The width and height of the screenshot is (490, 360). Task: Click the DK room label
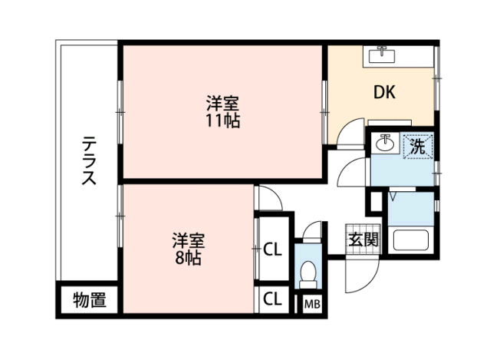click(x=385, y=92)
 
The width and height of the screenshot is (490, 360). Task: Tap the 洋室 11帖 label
click(x=222, y=111)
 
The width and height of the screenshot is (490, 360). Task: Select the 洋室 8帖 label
click(x=188, y=249)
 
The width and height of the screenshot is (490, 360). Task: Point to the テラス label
click(x=89, y=160)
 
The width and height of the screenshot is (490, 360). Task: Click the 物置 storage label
click(x=90, y=299)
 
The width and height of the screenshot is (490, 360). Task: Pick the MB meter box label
click(x=312, y=304)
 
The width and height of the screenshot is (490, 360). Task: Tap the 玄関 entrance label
click(x=363, y=239)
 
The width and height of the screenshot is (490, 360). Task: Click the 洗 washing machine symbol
click(x=418, y=146)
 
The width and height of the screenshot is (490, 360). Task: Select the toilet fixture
click(x=308, y=275)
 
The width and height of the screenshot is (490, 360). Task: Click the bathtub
click(x=410, y=240)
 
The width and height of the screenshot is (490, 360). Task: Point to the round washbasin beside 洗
click(x=385, y=143)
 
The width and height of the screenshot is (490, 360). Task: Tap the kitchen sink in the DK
click(x=382, y=56)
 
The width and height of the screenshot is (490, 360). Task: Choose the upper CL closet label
click(x=272, y=249)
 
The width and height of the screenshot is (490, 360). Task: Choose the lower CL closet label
click(x=272, y=299)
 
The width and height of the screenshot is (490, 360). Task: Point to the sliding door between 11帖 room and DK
click(x=324, y=112)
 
